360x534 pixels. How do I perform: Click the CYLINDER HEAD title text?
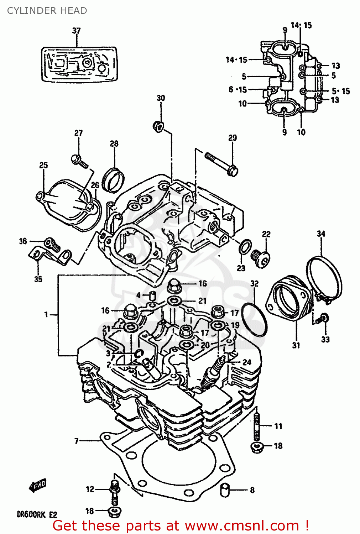(x=47, y=11)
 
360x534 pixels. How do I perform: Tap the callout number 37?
(x=76, y=31)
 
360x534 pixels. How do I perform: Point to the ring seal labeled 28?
(x=113, y=179)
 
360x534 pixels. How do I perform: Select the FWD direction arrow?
(x=37, y=485)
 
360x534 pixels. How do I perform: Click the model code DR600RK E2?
(x=37, y=514)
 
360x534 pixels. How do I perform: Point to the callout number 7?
(x=76, y=441)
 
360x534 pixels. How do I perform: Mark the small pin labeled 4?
(x=152, y=295)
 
